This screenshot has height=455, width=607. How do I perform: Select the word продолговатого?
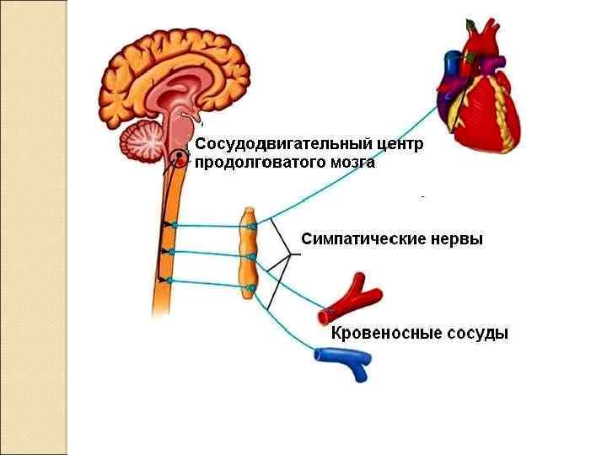256,163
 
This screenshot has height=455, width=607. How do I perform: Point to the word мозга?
346,163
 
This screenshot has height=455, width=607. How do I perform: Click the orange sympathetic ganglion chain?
249,253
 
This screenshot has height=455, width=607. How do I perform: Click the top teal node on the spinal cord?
174,225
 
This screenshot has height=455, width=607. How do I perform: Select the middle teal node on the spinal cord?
172,251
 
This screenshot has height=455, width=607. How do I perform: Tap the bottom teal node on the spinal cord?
169,280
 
